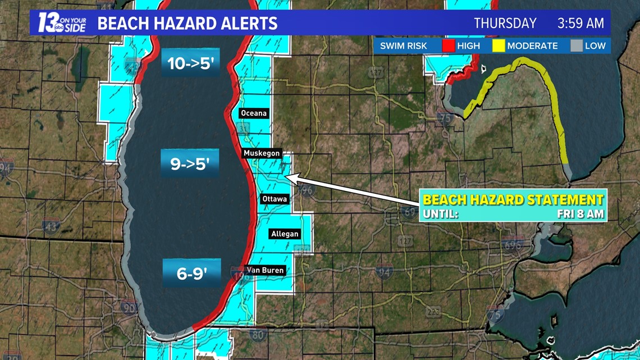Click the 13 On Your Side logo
pos(62,23)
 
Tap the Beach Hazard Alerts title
pos(187,24)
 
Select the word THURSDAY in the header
pos(505,24)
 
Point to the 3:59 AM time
pos(580,24)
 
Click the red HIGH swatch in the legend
pos(448,45)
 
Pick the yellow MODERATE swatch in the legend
pos(499,45)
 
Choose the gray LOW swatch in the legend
pos(577,45)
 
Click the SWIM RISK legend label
pos(403,46)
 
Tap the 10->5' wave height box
pos(191,63)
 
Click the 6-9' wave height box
pos(191,274)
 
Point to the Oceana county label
pos(254,113)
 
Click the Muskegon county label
pos(262,153)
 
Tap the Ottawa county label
pos(275,199)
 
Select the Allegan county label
pos(285,234)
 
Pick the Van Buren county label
pos(266,270)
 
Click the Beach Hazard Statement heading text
pos(513,200)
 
